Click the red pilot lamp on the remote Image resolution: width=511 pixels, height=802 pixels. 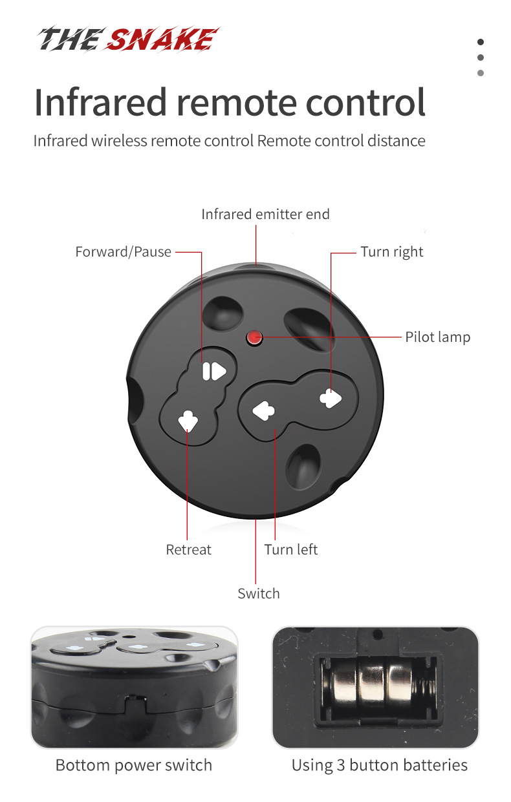tap(254, 337)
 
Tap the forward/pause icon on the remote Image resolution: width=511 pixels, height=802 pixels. tap(214, 372)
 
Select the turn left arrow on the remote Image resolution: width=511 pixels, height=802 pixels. tap(264, 410)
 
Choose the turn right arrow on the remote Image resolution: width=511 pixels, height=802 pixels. tap(331, 398)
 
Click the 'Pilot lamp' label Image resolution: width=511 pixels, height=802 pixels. tap(437, 337)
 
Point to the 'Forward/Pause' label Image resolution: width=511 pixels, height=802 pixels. tap(124, 251)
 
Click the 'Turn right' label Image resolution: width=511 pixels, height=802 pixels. tap(392, 251)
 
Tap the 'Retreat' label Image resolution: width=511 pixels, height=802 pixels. tap(188, 549)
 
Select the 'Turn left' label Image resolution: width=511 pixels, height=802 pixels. tap(290, 549)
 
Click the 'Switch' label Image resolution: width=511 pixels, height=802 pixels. tap(259, 594)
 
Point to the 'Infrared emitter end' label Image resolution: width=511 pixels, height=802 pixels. tap(266, 214)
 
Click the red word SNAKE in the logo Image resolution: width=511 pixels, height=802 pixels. tap(162, 39)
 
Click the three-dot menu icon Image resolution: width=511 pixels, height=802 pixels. tap(481, 58)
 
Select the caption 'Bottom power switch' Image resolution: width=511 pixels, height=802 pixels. tap(134, 765)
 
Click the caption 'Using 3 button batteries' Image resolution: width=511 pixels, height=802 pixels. tap(380, 765)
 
